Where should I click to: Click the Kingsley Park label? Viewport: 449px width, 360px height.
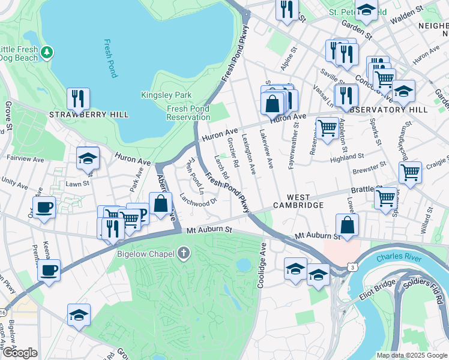[x=166, y=95]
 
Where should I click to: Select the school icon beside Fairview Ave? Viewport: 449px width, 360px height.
[x=88, y=158]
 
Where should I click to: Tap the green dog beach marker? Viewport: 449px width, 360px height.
[x=47, y=54]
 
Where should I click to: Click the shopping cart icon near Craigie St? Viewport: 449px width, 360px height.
[x=410, y=172]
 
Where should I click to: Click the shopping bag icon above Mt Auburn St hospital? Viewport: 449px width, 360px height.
[x=348, y=226]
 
